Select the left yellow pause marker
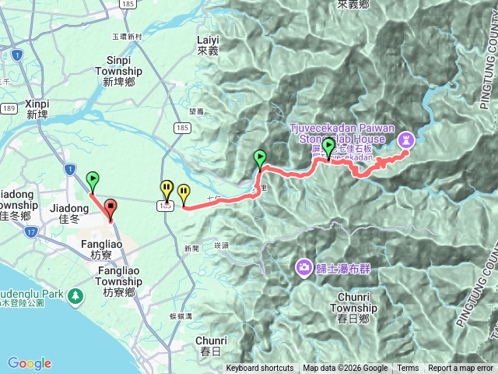pos(167,189)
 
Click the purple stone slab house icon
pos(406,139)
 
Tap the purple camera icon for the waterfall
pos(303,268)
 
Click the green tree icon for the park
pos(75,296)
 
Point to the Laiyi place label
pos(209,44)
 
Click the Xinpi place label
pos(37,108)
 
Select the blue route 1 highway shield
pos(70,168)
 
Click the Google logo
pos(29,363)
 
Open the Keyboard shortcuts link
pos(260,369)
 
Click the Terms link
pos(408,369)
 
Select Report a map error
pos(461,369)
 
